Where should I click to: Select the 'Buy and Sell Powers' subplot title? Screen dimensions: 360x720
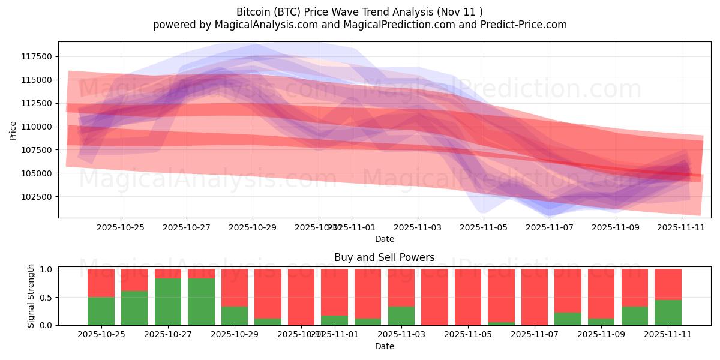point(384,257)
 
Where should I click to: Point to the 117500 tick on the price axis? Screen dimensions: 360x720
point(37,56)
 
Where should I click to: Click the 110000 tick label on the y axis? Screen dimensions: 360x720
point(37,127)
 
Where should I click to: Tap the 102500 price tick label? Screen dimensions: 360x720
point(37,197)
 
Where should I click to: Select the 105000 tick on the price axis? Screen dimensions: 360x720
point(37,173)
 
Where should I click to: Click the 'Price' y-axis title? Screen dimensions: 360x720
point(13,130)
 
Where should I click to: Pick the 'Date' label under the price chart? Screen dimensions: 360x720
point(384,239)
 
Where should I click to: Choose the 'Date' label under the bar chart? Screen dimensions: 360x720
point(384,346)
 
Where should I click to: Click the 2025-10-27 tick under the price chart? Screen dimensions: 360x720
point(187,227)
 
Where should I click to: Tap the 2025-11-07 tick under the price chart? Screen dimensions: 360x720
point(550,227)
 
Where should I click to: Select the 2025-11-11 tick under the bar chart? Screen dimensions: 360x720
point(668,335)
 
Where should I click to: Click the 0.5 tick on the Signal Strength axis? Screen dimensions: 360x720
point(46,297)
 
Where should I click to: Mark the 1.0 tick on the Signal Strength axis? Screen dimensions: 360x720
point(46,269)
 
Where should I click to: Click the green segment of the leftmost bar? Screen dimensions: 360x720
point(101,311)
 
